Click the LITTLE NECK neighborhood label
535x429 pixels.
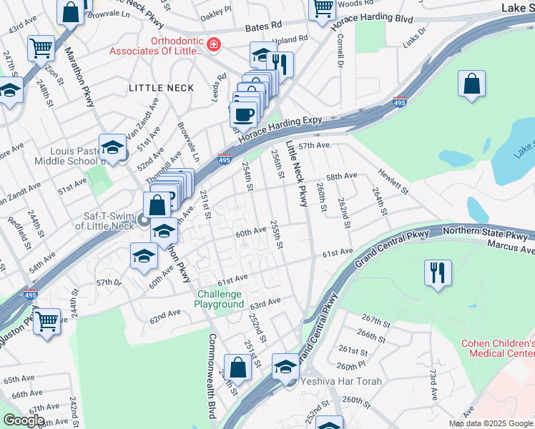pyautogui.click(x=151, y=88)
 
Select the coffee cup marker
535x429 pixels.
pyautogui.click(x=244, y=114)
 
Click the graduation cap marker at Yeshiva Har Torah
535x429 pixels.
pyautogui.click(x=286, y=366)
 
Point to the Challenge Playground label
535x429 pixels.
pyautogui.click(x=220, y=299)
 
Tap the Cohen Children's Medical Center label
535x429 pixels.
pyautogui.click(x=497, y=348)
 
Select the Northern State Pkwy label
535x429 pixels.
pyautogui.click(x=489, y=232)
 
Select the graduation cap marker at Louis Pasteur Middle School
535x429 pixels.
pyautogui.click(x=112, y=147)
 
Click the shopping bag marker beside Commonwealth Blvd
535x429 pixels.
pyautogui.click(x=238, y=368)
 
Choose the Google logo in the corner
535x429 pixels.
pyautogui.click(x=23, y=420)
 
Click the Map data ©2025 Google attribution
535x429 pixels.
pyautogui.click(x=491, y=423)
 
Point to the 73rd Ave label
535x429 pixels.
pyautogui.click(x=433, y=385)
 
